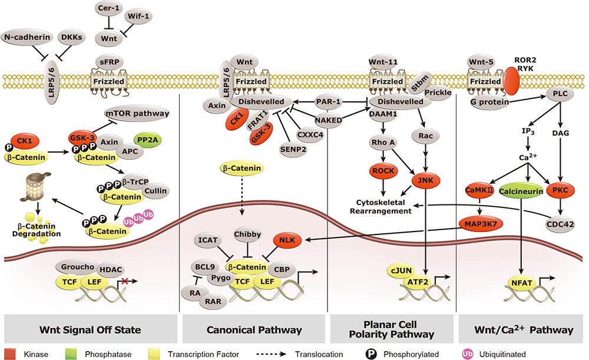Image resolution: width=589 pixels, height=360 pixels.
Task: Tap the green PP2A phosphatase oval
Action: [149, 141]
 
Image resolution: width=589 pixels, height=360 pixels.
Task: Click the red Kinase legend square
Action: [10, 354]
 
